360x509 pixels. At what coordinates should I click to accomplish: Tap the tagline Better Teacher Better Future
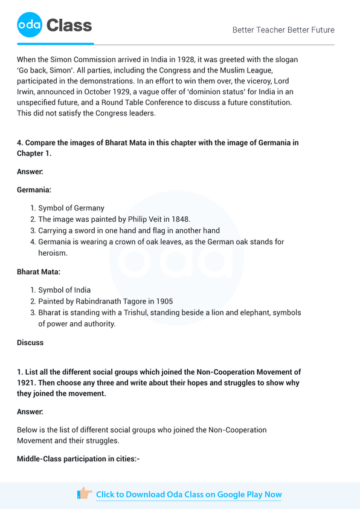tap(283, 30)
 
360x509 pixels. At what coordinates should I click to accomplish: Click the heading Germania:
tap(34, 190)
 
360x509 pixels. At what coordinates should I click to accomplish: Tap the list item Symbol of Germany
tap(71, 208)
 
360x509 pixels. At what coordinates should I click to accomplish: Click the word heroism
tap(53, 253)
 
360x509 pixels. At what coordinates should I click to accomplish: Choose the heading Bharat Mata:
tap(39, 271)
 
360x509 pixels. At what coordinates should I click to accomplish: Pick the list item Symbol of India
tap(65, 290)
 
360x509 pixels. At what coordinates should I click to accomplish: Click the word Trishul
tap(134, 313)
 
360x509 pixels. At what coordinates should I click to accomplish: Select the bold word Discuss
tap(30, 343)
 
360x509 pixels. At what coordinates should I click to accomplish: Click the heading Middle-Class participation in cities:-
tap(79, 459)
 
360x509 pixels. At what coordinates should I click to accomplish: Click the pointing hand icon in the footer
tap(85, 494)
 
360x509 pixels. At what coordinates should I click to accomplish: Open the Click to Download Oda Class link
tap(188, 494)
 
